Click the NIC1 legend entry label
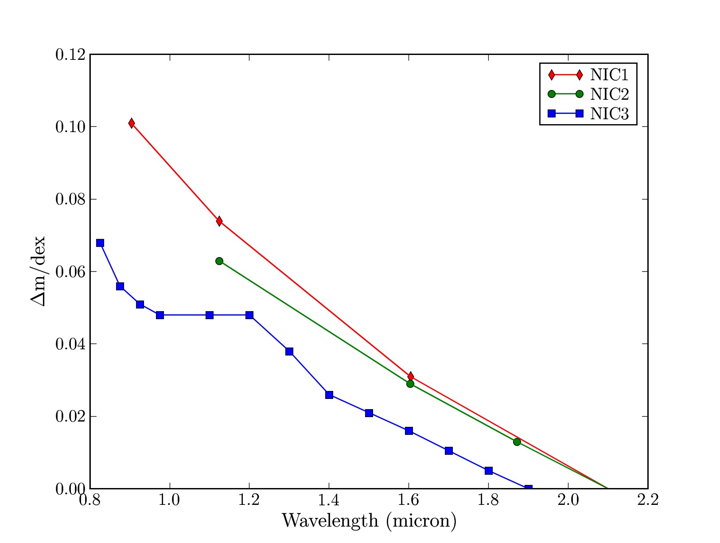(609, 75)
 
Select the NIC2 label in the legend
(609, 94)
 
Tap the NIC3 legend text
(609, 114)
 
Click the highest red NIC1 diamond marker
(132, 123)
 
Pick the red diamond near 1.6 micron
(411, 376)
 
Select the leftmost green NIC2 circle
(219, 261)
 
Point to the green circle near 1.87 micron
(517, 441)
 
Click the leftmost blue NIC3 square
(100, 243)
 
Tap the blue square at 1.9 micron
(528, 488)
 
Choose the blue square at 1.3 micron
(289, 352)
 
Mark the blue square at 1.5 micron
(369, 413)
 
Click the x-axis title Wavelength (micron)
(369, 520)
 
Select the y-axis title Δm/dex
(38, 271)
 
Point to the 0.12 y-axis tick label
(70, 55)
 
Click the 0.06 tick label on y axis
(70, 272)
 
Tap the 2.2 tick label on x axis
(647, 501)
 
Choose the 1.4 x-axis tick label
(329, 501)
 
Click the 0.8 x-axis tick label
(90, 501)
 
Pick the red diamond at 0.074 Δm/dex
(219, 221)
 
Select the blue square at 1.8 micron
(489, 471)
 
